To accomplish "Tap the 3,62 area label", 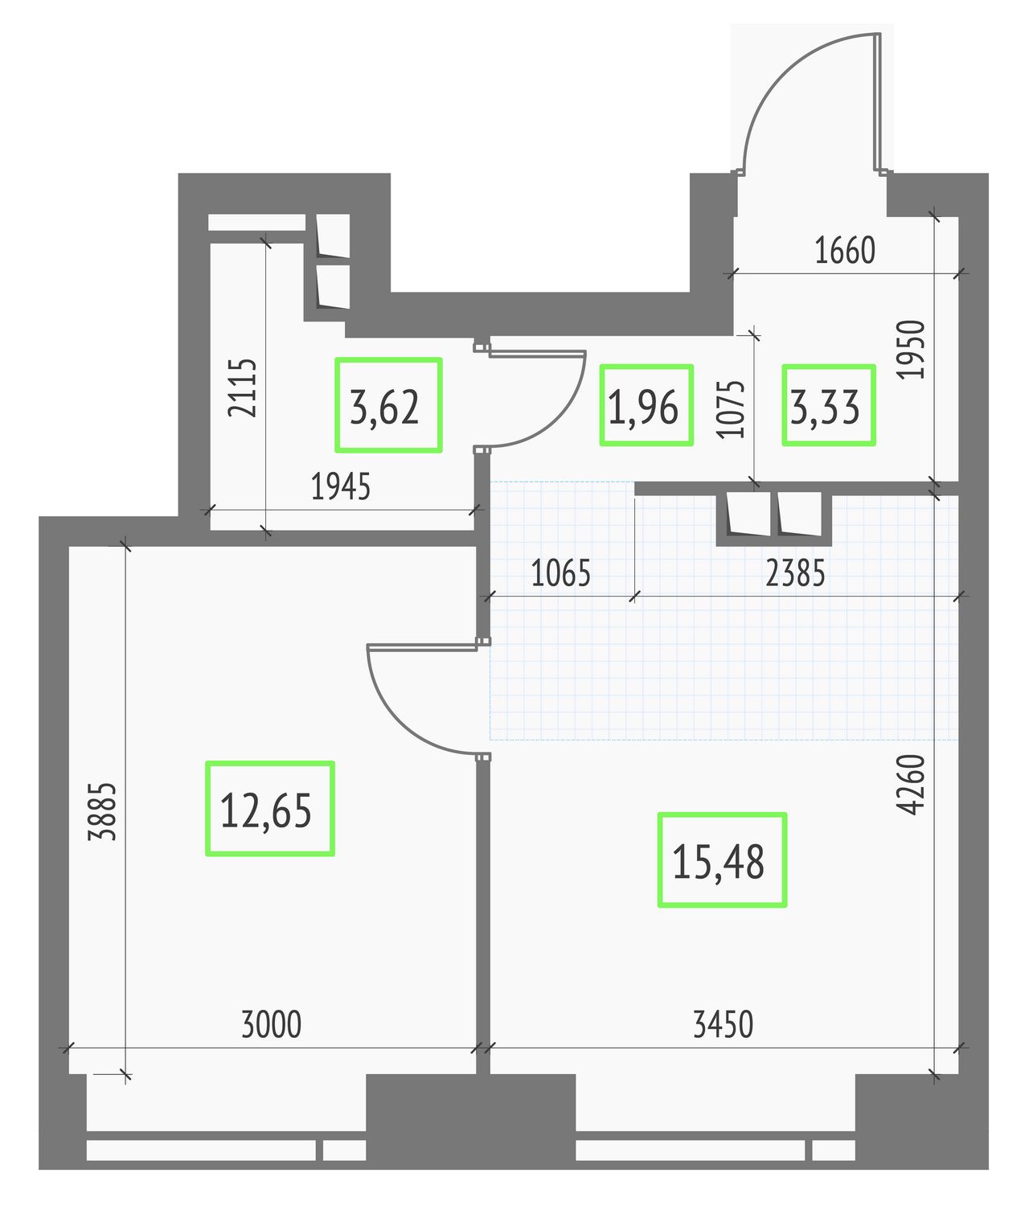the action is (384, 408).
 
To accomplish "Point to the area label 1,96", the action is (643, 408).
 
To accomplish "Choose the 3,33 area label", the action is (825, 408).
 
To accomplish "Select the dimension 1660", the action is (845, 250).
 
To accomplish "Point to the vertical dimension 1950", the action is (911, 350).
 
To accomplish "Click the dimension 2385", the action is (795, 573).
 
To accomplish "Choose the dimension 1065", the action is (560, 573).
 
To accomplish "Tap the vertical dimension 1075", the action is (731, 409).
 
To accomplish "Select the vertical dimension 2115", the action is (241, 388).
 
